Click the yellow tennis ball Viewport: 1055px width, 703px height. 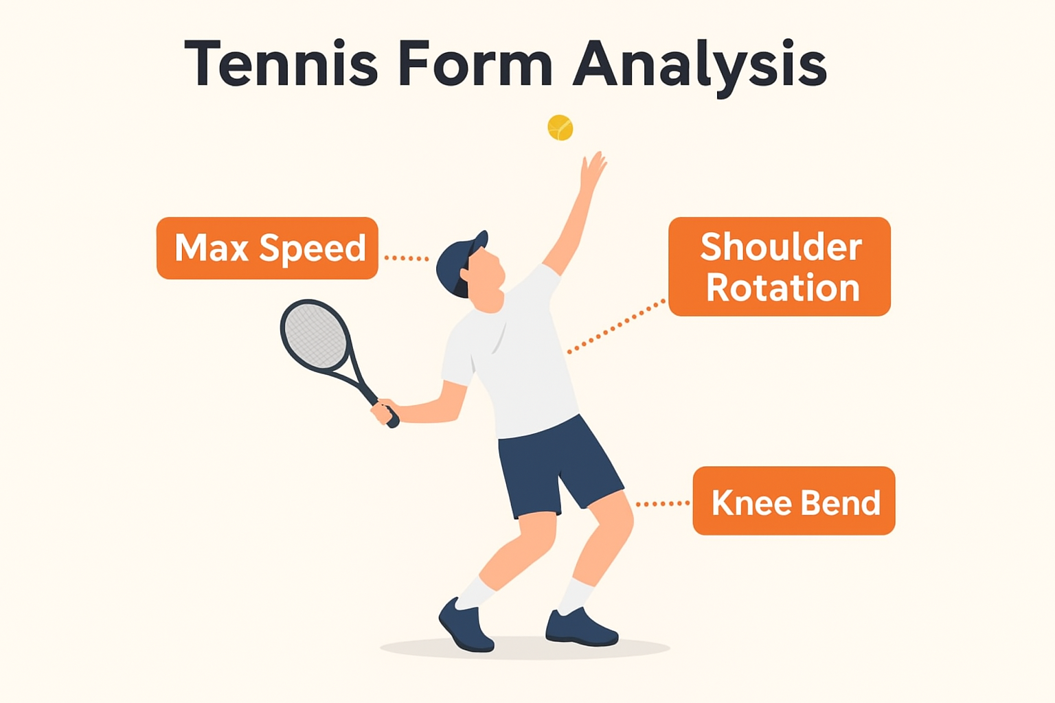560,128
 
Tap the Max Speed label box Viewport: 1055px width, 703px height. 267,248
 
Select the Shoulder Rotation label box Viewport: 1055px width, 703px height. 779,266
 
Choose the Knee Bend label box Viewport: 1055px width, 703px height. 793,500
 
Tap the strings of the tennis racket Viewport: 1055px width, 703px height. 315,334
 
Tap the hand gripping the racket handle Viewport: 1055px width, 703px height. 383,410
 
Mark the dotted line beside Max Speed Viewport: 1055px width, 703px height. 406,258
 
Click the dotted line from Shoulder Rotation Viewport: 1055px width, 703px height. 615,326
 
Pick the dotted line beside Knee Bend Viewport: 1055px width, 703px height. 663,504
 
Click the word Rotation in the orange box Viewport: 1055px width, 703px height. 783,288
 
